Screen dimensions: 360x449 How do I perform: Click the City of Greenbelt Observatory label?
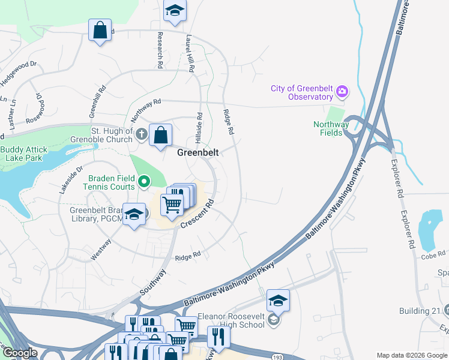(x=301, y=92)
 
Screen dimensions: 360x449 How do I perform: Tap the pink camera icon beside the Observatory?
(x=342, y=91)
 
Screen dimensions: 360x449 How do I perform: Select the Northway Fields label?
(x=331, y=128)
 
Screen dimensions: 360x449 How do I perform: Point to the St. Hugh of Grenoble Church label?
(x=111, y=135)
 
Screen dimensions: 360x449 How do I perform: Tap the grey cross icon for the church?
(x=141, y=134)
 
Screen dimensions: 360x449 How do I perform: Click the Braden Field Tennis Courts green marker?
(x=144, y=181)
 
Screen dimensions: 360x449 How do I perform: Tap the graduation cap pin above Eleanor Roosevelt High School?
(x=278, y=301)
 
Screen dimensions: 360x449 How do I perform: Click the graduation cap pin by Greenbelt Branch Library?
(x=134, y=214)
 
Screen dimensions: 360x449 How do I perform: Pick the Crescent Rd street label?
(x=197, y=213)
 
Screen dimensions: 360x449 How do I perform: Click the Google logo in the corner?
(x=19, y=353)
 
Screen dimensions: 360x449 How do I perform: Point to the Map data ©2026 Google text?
(x=411, y=355)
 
